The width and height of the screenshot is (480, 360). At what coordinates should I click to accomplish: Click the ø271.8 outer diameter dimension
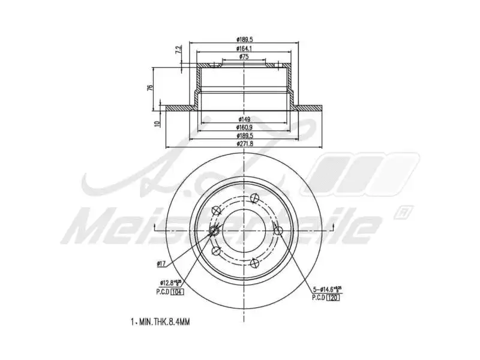[x=244, y=144]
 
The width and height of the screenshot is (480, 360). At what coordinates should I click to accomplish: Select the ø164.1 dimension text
[x=244, y=49]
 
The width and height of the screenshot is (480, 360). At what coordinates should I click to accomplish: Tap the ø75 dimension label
[x=244, y=56]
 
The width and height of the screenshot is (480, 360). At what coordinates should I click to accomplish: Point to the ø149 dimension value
[x=244, y=119]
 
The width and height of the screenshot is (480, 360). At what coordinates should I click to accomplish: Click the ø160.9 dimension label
[x=244, y=127]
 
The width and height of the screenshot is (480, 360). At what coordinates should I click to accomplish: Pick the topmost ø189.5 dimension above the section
[x=244, y=40]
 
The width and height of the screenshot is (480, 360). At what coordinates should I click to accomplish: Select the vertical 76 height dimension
[x=151, y=88]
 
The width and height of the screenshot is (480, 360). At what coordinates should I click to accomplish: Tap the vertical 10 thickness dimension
[x=156, y=124]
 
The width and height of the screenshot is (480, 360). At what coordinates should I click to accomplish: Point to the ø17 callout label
[x=161, y=263]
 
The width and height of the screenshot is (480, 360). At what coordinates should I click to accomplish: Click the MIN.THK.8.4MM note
[x=160, y=322]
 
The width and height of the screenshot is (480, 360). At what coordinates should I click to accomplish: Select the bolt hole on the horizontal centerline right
[x=278, y=230]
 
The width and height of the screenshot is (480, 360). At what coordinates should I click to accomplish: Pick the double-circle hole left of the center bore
[x=214, y=232]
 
